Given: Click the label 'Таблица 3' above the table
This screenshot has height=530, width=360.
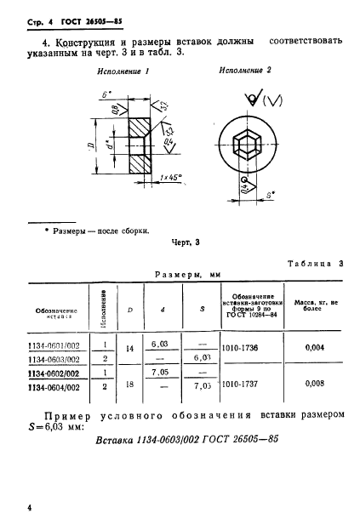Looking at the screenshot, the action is (x=313, y=264).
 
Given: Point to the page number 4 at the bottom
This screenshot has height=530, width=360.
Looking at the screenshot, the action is (x=30, y=507).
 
